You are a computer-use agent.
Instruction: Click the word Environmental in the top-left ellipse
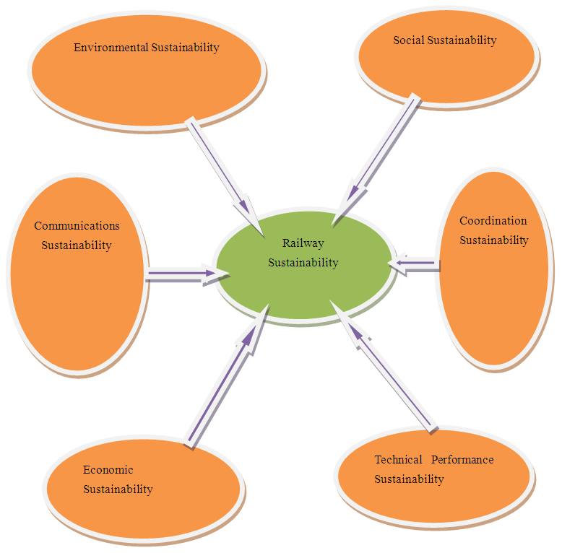(111, 48)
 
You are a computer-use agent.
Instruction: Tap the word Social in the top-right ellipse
(409, 40)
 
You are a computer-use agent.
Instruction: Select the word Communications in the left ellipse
(77, 226)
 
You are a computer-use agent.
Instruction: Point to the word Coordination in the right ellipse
(493, 221)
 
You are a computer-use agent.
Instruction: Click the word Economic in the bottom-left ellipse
(108, 470)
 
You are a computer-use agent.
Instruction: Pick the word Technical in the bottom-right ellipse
(398, 460)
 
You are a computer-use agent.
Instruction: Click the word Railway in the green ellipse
(303, 244)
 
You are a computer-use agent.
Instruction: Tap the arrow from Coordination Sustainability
(416, 264)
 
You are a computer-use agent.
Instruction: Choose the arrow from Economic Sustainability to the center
(220, 386)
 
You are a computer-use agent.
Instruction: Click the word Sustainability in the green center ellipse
(303, 263)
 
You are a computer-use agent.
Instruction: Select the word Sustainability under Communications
(77, 245)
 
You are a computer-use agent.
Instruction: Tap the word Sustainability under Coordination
(494, 240)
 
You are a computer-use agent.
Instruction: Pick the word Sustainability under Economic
(118, 489)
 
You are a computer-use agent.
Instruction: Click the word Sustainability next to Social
(462, 40)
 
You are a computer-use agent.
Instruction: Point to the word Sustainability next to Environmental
(185, 48)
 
